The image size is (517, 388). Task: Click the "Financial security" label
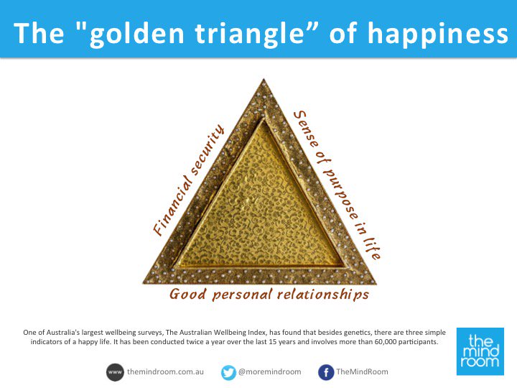pyautogui.click(x=189, y=181)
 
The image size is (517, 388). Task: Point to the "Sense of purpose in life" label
pyautogui.click(x=337, y=185)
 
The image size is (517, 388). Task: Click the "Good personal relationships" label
pyautogui.click(x=269, y=295)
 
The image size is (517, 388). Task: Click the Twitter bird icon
pyautogui.click(x=229, y=372)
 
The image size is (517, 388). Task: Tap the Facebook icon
pyautogui.click(x=325, y=372)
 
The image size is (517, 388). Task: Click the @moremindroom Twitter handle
pyautogui.click(x=270, y=372)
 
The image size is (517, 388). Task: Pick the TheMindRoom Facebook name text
pyautogui.click(x=361, y=372)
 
